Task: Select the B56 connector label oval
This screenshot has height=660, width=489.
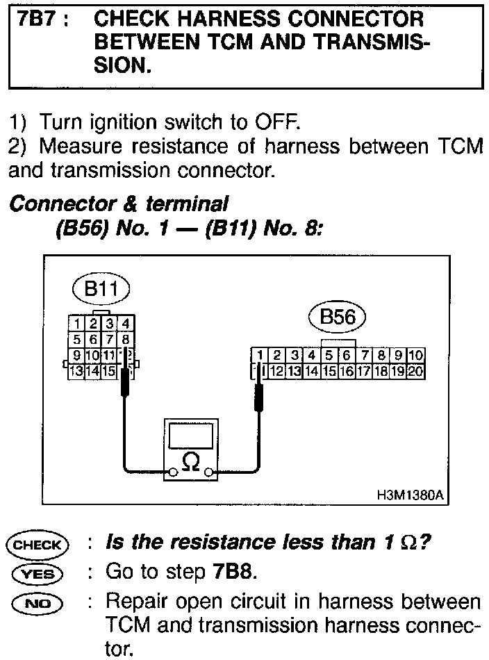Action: (x=337, y=319)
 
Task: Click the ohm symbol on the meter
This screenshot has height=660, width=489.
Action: (x=190, y=459)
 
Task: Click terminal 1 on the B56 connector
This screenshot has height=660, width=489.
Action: (x=260, y=356)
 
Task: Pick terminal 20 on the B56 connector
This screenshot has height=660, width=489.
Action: (x=416, y=370)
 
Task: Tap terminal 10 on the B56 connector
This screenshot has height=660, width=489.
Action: (x=416, y=356)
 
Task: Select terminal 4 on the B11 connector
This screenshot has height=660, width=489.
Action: (x=125, y=323)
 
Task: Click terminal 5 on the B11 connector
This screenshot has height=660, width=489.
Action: (x=76, y=340)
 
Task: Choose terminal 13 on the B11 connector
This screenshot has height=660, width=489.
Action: (x=76, y=370)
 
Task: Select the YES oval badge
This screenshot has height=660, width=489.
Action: (x=38, y=574)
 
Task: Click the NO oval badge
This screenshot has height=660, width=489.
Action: (x=38, y=602)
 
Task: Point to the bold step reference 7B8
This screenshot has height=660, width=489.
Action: (x=230, y=573)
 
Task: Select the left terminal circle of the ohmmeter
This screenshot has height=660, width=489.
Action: (x=170, y=472)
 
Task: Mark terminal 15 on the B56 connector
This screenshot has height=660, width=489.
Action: (x=330, y=370)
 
